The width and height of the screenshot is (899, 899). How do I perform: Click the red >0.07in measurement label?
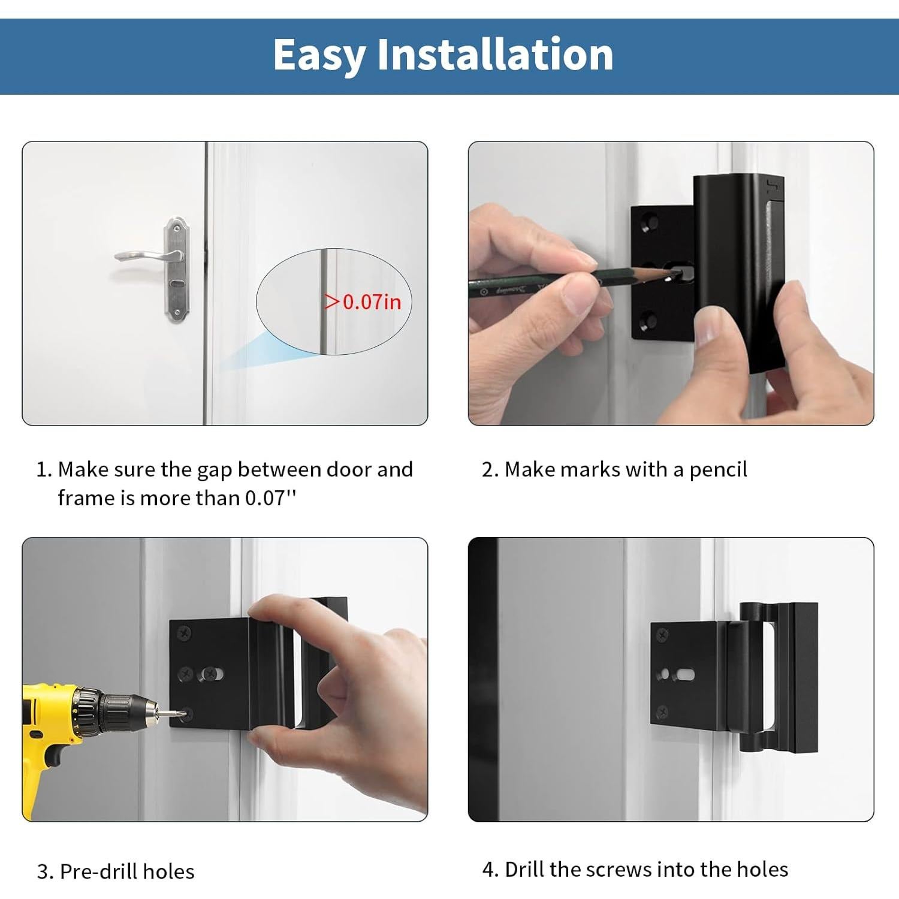[363, 301]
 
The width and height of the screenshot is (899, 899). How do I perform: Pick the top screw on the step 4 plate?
[663, 633]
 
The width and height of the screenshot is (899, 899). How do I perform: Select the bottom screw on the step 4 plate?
[662, 711]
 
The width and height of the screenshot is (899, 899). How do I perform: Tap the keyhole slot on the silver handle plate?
[176, 283]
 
